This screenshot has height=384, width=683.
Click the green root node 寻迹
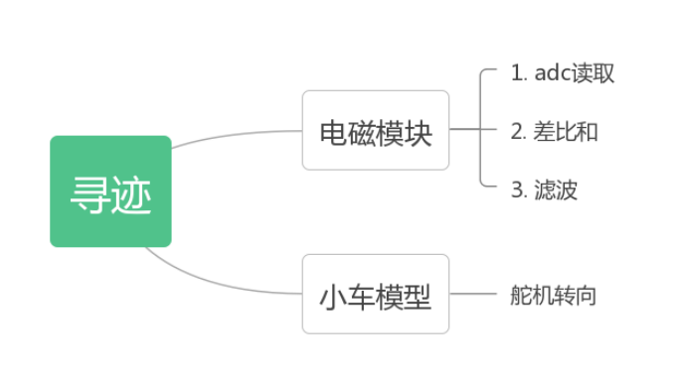click(110, 192)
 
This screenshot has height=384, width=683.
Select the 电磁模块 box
click(376, 130)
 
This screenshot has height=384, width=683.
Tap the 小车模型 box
click(376, 295)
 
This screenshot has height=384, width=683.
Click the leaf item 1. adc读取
click(562, 73)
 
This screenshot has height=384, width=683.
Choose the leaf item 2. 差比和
click(555, 132)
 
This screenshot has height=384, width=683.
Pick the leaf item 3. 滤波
click(544, 190)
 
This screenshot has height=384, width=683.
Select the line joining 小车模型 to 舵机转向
click(472, 295)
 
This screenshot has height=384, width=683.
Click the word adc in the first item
click(550, 73)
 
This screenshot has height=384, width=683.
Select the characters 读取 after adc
click(593, 73)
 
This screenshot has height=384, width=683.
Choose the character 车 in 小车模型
click(362, 296)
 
